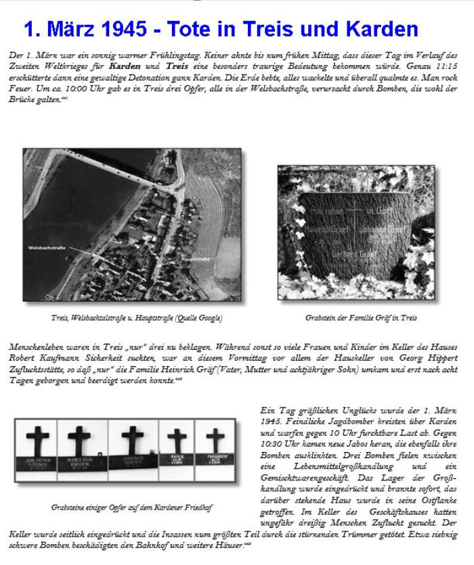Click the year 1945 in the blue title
tap(125, 29)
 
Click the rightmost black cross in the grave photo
tap(215, 439)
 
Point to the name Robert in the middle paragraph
tap(24, 357)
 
